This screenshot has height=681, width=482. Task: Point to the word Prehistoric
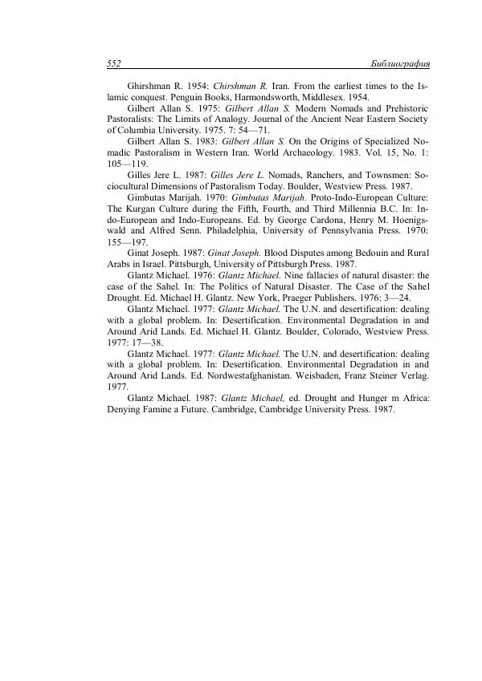point(396,107)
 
